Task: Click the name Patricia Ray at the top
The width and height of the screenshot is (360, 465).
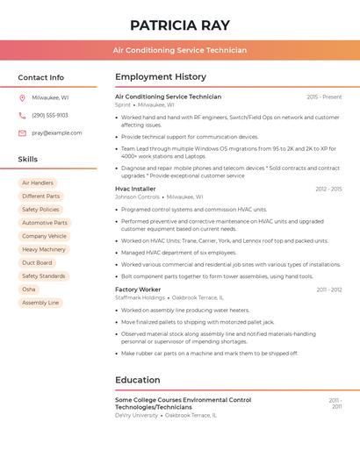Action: point(179,25)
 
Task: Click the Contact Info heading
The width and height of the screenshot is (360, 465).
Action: point(41,77)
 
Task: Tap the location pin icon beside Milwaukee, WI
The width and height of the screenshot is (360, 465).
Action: point(22,98)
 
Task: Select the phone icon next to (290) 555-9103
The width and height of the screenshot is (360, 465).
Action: point(22,116)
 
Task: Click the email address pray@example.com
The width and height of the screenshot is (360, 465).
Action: point(57,133)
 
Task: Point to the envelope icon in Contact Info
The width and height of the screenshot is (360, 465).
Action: point(22,133)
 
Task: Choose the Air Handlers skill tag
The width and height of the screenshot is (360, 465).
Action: point(38,183)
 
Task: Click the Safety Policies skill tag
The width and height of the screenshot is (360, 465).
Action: point(40,210)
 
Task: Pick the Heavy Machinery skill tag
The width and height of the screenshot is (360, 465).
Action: point(44,249)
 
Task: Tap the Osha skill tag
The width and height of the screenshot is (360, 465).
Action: point(29,289)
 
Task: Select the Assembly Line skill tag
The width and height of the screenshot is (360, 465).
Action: point(40,303)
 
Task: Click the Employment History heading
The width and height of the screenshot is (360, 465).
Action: point(161,77)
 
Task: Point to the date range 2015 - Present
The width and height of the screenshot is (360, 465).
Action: point(324,97)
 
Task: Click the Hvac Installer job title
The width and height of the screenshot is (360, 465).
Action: point(135,189)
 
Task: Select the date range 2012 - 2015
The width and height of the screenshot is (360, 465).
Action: point(328,189)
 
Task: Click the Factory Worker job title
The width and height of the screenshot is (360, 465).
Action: point(138,290)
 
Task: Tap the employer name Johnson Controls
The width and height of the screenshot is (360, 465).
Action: point(137,197)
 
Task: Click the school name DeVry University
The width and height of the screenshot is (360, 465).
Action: point(136,415)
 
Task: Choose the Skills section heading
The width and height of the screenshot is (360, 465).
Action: point(28,160)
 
